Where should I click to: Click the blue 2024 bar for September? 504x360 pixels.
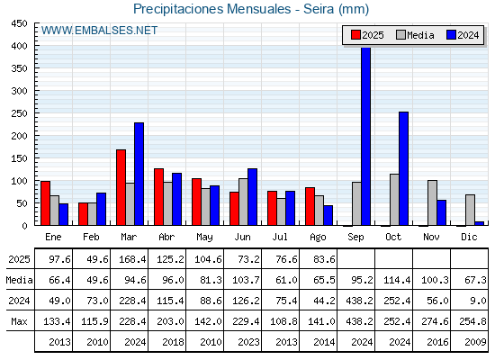tap(365, 136)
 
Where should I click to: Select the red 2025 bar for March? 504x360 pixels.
tap(121, 187)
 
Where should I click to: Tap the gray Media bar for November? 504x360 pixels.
tap(432, 202)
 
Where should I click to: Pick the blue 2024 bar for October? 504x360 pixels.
tap(404, 168)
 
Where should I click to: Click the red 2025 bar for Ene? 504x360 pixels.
tap(46, 203)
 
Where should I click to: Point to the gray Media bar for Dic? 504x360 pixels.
tap(470, 211)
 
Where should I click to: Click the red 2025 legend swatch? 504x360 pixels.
tap(355, 35)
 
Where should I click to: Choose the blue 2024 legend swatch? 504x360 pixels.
tap(451, 35)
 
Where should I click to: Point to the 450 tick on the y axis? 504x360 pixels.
tap(19, 23)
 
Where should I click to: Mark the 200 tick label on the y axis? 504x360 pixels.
tap(19, 136)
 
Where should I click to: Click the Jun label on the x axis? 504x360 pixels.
tap(242, 238)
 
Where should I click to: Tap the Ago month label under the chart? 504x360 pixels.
tap(318, 238)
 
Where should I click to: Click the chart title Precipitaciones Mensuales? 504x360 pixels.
tap(212, 9)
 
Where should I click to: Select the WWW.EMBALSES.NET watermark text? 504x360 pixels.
tap(99, 31)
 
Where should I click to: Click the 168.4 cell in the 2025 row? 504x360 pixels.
tap(132, 259)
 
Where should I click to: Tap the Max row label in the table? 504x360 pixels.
tap(19, 321)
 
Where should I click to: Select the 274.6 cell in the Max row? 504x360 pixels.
tap(435, 321)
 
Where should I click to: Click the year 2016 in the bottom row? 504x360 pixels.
tap(437, 342)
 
